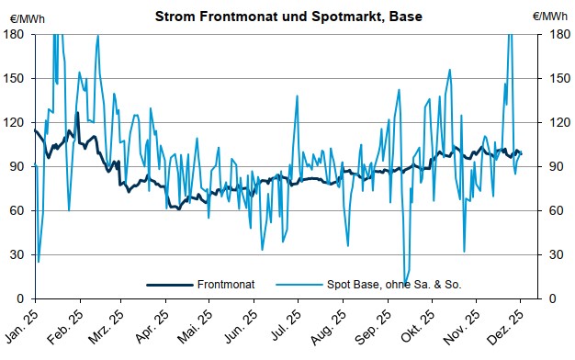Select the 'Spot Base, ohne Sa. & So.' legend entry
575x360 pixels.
pos(396,285)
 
